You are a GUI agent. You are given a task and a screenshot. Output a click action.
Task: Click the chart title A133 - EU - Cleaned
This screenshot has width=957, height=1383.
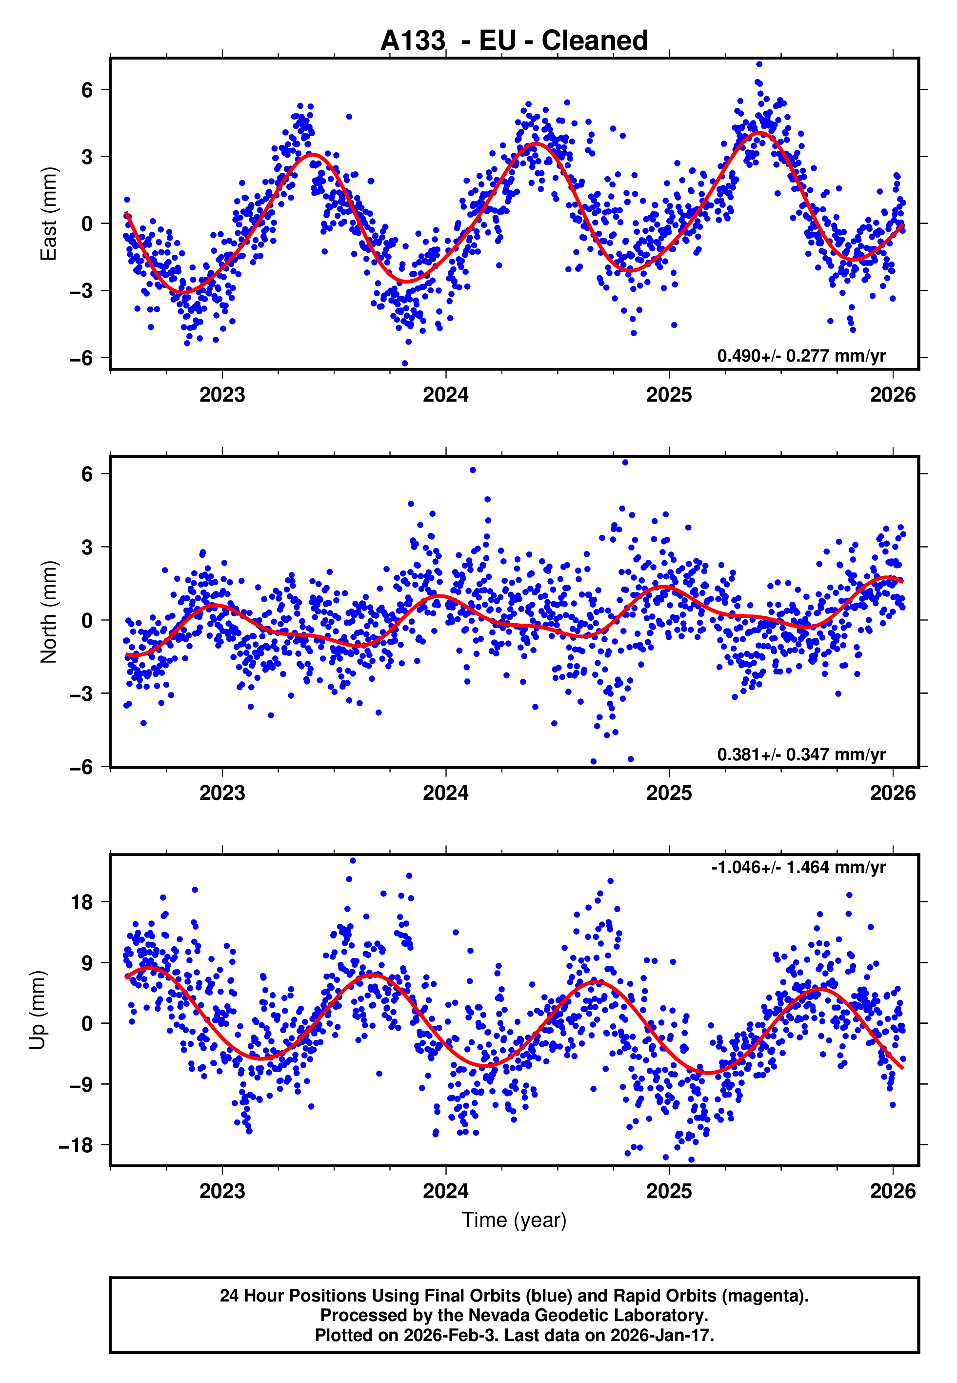point(514,41)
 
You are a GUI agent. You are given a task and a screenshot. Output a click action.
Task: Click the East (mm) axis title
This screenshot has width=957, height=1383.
point(49,214)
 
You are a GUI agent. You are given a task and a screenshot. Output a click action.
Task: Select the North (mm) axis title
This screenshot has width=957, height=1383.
point(49,612)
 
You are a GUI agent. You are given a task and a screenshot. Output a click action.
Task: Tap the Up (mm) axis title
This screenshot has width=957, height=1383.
point(37,1010)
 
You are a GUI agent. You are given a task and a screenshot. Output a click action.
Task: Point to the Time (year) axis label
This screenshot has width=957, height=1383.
point(514,1220)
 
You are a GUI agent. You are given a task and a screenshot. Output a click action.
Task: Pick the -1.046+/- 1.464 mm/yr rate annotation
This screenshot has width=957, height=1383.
point(798,868)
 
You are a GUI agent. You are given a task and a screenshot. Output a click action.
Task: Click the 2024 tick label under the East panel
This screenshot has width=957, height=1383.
point(445,395)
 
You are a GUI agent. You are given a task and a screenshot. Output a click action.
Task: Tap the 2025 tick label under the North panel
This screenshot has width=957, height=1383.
point(669,793)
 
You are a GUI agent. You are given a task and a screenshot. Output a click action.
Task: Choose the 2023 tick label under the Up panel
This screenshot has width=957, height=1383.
point(222,1191)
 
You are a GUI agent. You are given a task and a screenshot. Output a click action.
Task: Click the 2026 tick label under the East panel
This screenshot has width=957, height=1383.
point(893,395)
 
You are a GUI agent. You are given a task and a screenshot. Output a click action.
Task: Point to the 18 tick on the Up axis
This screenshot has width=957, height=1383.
point(82,902)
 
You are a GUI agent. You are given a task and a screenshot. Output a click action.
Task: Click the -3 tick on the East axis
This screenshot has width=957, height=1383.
point(81,291)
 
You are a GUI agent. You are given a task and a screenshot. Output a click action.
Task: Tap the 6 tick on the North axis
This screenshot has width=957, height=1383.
point(87,474)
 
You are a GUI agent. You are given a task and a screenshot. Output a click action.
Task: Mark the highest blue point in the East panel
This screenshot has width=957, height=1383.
point(759,64)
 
